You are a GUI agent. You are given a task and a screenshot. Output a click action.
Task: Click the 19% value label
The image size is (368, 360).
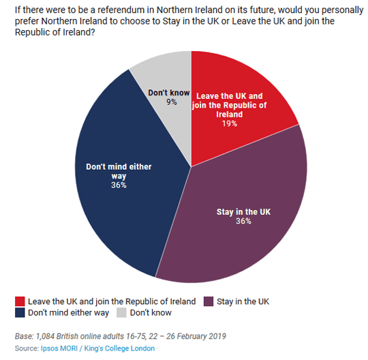(x=230, y=124)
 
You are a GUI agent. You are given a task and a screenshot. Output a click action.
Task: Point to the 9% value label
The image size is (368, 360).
(x=172, y=102)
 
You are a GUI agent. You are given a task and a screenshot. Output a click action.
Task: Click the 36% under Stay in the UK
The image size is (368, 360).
(x=243, y=221)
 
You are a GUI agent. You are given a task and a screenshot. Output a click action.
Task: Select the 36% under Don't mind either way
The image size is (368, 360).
(x=119, y=185)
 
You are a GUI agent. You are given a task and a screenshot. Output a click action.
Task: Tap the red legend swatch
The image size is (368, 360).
(x=20, y=301)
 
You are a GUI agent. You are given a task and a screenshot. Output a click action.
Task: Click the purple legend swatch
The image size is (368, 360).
(x=209, y=301)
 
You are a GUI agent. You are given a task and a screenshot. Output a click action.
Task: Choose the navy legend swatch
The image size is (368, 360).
(x=20, y=313)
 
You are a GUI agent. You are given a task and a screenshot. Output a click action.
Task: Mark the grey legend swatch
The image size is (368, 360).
(x=121, y=313)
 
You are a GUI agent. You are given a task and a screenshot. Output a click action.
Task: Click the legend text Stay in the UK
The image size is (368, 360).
(x=243, y=302)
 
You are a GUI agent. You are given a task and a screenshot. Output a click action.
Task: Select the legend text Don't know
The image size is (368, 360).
(x=151, y=313)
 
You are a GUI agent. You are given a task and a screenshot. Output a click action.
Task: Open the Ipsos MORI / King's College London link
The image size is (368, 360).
(x=97, y=348)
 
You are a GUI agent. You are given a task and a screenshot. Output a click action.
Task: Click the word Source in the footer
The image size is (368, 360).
(x=27, y=348)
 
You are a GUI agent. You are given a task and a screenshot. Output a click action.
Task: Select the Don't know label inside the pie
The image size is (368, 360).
(x=169, y=93)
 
